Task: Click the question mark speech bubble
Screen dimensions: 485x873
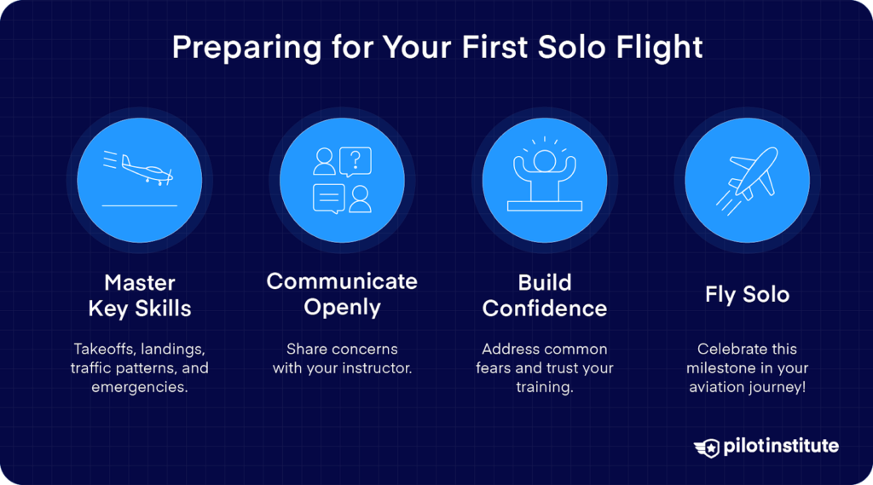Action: pyautogui.click(x=356, y=161)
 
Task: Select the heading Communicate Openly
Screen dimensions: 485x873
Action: pyautogui.click(x=342, y=294)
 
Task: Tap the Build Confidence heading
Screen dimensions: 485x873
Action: pyautogui.click(x=544, y=296)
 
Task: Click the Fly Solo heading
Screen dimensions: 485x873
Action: pyautogui.click(x=747, y=295)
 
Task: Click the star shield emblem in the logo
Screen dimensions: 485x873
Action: pyautogui.click(x=707, y=447)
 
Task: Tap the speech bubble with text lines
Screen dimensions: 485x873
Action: pyautogui.click(x=328, y=198)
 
